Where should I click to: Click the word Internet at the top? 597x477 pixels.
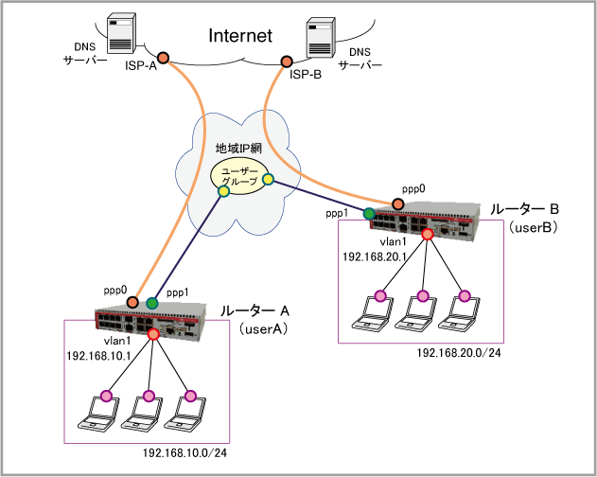pyautogui.click(x=240, y=36)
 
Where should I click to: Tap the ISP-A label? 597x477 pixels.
pyautogui.click(x=142, y=68)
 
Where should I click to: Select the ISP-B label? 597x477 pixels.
pyautogui.click(x=306, y=74)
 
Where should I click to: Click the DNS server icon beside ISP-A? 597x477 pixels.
pyautogui.click(x=120, y=35)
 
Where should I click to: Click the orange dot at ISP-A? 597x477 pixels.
pyautogui.click(x=164, y=59)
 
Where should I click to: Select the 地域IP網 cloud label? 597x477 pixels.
pyautogui.click(x=238, y=149)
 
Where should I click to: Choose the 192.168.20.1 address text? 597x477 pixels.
pyautogui.click(x=374, y=256)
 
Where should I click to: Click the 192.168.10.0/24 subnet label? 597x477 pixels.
pyautogui.click(x=184, y=453)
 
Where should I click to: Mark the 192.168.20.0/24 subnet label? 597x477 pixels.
pyautogui.click(x=459, y=352)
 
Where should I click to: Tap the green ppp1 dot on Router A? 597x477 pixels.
pyautogui.click(x=152, y=303)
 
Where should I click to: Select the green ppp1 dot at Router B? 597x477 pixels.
pyautogui.click(x=368, y=211)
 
